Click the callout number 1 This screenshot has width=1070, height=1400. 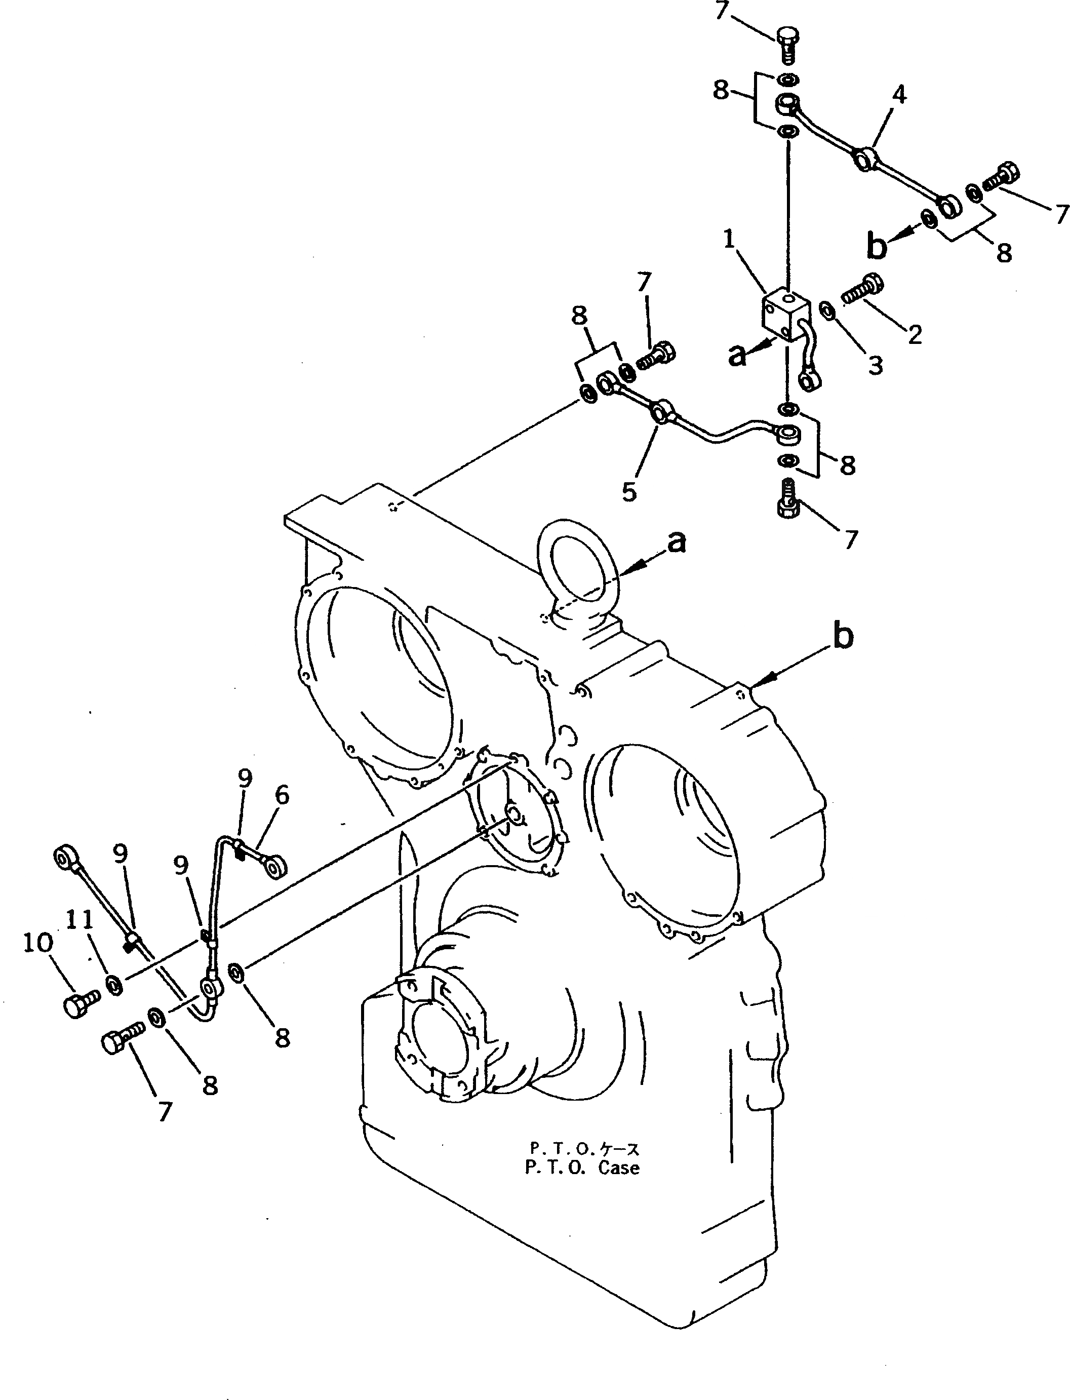tap(729, 240)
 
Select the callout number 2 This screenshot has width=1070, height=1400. tap(915, 334)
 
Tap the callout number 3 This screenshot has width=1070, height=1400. tap(876, 365)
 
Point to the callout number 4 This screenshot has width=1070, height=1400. tap(899, 95)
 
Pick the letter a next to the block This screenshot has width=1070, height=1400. tap(737, 354)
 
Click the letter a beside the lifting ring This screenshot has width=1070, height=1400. tap(678, 542)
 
